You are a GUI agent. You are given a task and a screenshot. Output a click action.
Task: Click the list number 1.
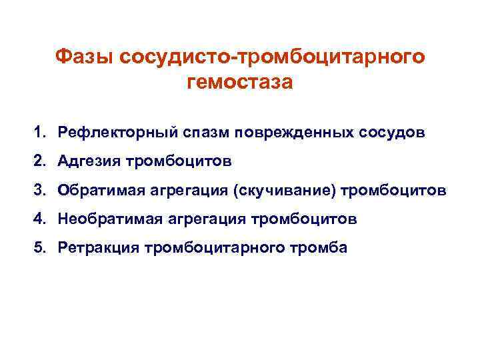[41, 131]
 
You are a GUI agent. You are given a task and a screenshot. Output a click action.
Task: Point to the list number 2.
[41, 160]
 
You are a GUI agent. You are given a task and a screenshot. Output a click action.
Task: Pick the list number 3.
[41, 189]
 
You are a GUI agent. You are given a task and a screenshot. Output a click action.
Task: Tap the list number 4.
[41, 219]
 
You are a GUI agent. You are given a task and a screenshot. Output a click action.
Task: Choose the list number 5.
[41, 247]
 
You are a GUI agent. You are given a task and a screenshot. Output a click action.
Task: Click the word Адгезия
[85, 160]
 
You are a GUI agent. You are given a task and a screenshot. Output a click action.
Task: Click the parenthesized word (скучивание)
[283, 189]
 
